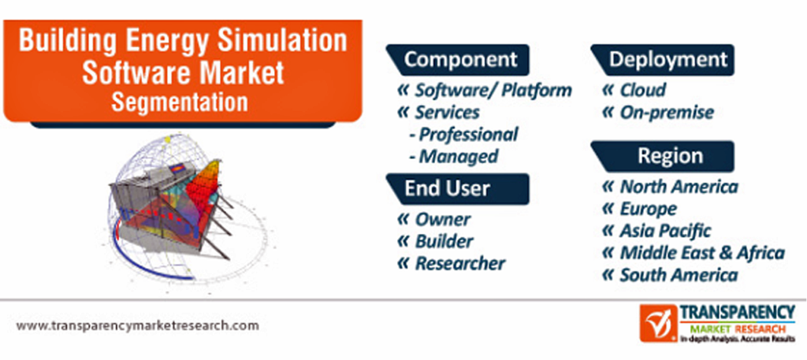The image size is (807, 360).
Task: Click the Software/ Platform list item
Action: (493, 91)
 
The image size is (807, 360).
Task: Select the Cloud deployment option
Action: (642, 91)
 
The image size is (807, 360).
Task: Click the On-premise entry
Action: (667, 112)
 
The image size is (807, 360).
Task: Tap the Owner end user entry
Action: (442, 220)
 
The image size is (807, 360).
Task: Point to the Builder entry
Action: (444, 241)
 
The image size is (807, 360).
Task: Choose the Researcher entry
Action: (459, 263)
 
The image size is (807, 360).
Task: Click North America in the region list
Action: (679, 186)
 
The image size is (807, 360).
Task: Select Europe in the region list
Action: (648, 209)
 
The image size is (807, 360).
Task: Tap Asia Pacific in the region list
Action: (665, 231)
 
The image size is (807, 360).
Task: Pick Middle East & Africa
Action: (702, 253)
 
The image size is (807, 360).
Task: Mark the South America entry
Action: (679, 275)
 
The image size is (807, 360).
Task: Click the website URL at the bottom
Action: (137, 325)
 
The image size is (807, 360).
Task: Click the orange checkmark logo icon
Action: (658, 324)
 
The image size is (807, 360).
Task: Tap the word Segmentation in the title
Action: (180, 102)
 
